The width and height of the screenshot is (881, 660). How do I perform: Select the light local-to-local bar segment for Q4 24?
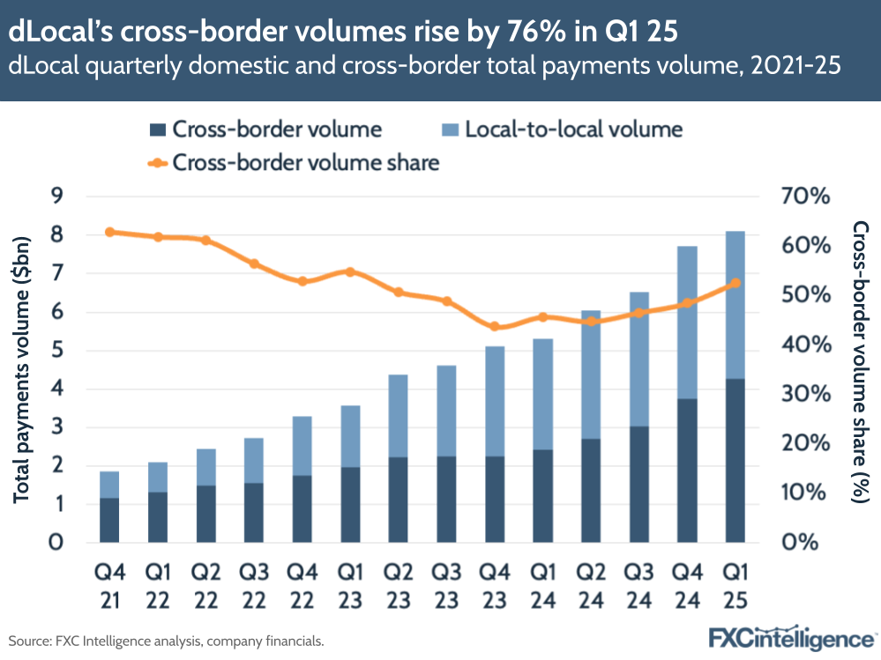[x=688, y=323]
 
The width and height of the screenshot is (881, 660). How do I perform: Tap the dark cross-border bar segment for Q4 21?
[x=109, y=520]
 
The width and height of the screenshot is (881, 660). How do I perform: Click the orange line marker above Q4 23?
[x=495, y=327]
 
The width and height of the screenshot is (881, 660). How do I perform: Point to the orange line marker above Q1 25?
[x=735, y=283]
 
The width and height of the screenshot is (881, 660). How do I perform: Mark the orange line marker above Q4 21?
[x=109, y=232]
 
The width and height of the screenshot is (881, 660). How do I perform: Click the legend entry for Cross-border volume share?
[x=305, y=162]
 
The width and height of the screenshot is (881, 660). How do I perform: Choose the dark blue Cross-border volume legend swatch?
[x=157, y=130]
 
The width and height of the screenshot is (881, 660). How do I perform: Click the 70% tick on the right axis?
[x=805, y=196]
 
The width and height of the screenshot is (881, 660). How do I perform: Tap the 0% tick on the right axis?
[x=805, y=541]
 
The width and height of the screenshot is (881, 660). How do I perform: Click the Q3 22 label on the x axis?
[x=254, y=585]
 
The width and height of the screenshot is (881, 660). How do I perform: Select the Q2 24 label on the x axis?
[x=591, y=585]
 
